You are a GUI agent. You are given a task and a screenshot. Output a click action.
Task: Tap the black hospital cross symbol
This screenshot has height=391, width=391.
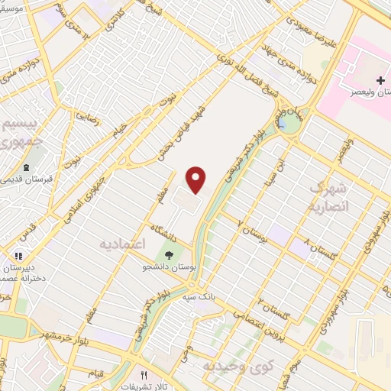pyautogui.click(x=380, y=80)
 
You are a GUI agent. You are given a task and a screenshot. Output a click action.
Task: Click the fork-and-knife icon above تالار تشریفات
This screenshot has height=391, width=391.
pyautogui.click(x=144, y=375)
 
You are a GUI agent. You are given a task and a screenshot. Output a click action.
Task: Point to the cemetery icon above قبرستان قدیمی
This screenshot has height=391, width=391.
pyautogui.click(x=27, y=168)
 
